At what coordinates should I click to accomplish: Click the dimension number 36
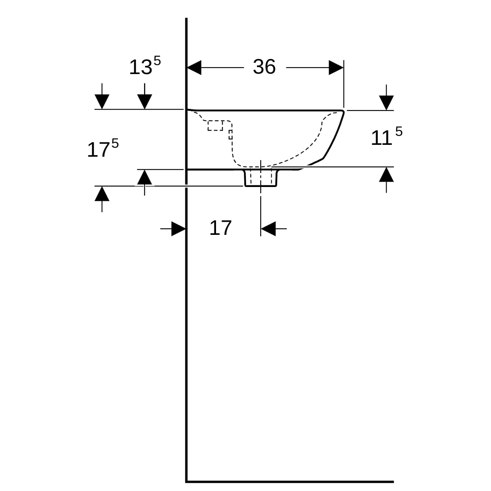pos(264,67)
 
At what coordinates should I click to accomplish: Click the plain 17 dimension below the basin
pos(221,228)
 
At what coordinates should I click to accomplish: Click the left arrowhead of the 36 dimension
pos(194,68)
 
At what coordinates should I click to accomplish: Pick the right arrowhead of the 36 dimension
pos(336,68)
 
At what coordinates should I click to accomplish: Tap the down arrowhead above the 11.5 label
pos(386,103)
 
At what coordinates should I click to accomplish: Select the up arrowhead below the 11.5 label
pos(386,175)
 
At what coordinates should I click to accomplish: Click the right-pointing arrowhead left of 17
pos(178,229)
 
